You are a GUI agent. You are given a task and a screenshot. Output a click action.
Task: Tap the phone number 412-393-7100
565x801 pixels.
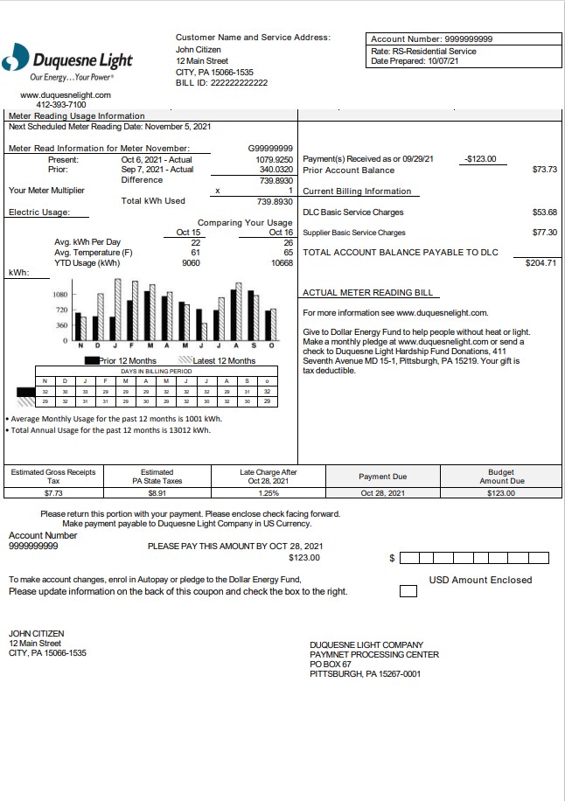[61, 104]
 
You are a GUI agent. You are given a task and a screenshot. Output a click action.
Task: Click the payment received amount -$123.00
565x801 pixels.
[480, 159]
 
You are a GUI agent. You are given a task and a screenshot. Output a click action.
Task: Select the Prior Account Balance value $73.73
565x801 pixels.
[544, 170]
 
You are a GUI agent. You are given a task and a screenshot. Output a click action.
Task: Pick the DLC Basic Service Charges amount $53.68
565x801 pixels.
[544, 212]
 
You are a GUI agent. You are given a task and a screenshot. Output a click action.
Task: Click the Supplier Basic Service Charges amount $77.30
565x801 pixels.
[544, 233]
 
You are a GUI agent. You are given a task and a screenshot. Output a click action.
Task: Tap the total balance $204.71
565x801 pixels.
[540, 262]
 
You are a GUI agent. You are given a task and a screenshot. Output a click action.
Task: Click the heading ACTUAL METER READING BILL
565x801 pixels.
[366, 293]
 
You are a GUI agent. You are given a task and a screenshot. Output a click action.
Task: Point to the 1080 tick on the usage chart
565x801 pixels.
[61, 296]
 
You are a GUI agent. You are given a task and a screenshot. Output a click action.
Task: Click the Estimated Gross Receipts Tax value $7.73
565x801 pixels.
[53, 493]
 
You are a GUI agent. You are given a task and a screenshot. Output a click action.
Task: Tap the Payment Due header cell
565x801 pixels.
[383, 477]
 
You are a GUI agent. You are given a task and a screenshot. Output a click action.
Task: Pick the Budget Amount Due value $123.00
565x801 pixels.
[501, 493]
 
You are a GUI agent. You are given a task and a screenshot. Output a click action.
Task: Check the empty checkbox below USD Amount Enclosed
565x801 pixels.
[408, 592]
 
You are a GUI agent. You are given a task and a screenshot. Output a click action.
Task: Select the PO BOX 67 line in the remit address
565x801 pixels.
[331, 665]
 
